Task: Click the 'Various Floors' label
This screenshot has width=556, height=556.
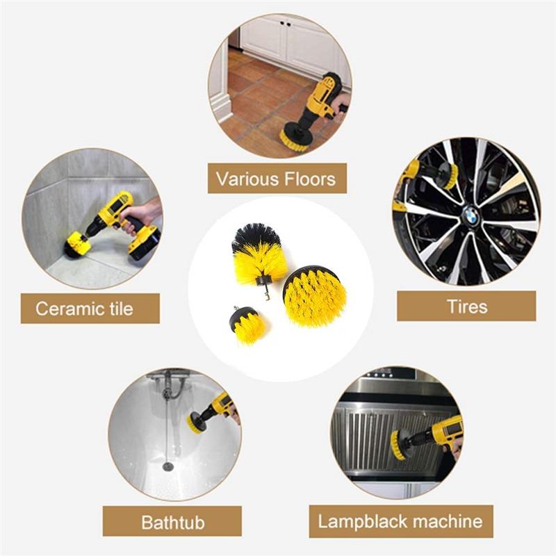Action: point(277,179)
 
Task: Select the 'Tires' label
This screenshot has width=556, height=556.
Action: point(466,306)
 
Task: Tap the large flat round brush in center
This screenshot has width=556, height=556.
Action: point(314,297)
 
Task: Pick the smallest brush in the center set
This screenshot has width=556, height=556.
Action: point(247,326)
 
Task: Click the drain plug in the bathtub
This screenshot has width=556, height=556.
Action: point(167,466)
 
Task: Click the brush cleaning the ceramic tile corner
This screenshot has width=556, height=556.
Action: point(76,245)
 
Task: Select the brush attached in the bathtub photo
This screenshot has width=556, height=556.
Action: point(196,421)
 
